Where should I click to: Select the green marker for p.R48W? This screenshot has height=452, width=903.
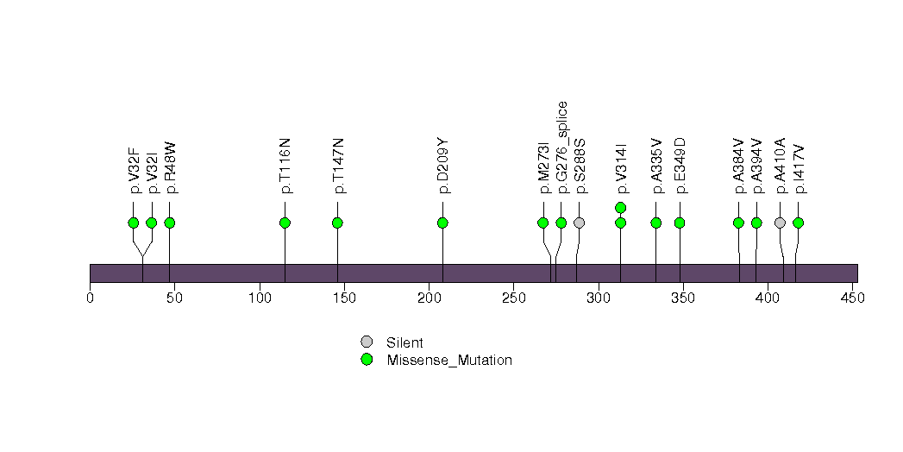pos(169,223)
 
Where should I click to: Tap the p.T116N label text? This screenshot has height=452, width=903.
pos(285,166)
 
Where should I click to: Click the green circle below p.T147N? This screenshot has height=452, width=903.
pos(337,223)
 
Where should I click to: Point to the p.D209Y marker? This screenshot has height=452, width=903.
pos(442,223)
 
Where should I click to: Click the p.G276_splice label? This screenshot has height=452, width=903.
pos(561,148)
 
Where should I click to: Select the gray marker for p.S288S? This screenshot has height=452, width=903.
pos(580,223)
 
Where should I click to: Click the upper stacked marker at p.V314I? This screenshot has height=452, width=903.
pos(620,207)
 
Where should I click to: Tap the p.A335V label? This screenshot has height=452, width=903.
pos(656,166)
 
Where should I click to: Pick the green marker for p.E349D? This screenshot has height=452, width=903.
pos(680,223)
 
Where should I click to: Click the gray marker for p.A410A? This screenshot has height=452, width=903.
pos(780,223)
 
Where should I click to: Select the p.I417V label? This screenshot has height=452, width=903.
pos(799,169)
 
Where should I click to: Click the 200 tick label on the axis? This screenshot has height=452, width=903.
pos(429,298)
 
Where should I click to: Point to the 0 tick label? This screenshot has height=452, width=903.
pos(90,298)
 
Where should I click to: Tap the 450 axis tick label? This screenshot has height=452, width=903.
pos(853,298)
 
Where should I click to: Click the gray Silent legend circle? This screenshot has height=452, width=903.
pos(367,342)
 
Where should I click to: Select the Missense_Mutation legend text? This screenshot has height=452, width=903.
pos(449,361)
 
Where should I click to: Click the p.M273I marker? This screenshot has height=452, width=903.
pos(542,223)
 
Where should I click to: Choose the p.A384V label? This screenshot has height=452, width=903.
pos(739,166)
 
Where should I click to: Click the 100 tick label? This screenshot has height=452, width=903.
pos(260,298)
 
